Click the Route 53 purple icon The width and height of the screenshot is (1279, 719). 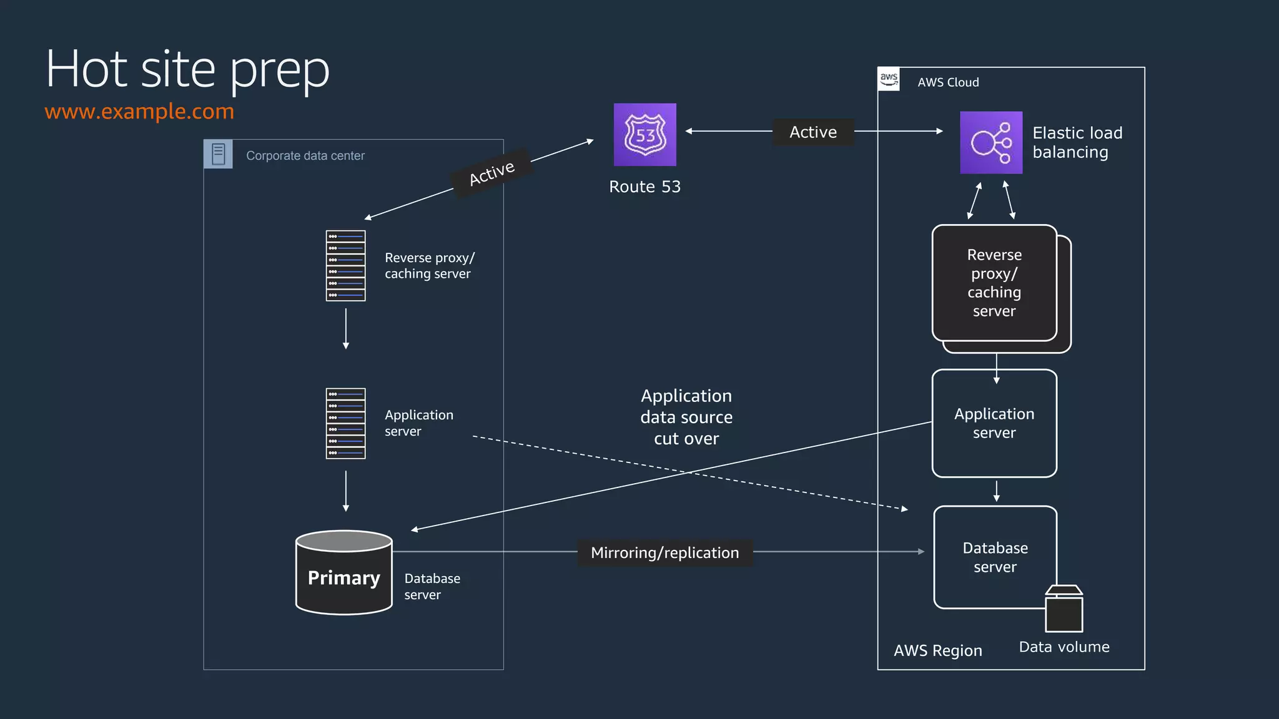tap(644, 135)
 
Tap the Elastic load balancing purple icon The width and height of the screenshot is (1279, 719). tap(990, 142)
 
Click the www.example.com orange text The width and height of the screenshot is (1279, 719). tap(139, 111)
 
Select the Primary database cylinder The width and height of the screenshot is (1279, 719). tap(343, 573)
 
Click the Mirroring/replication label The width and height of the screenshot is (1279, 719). tap(664, 553)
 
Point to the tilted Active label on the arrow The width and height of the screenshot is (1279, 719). tap(492, 173)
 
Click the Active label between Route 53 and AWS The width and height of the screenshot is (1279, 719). tap(812, 132)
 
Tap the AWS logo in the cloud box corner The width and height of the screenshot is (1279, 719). tap(889, 79)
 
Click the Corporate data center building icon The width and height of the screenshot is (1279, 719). tap(218, 154)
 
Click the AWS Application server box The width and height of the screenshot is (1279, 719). tap(994, 423)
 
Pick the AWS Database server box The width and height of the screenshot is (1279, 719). tap(994, 557)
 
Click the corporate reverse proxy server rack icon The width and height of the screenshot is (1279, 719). tap(345, 266)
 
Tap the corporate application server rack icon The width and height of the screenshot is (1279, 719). tap(345, 423)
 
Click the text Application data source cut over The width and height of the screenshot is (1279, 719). tap(686, 417)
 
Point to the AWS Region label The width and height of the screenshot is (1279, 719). tap(937, 650)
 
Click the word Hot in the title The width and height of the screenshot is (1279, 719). tap(87, 69)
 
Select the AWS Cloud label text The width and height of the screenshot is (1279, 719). tap(948, 82)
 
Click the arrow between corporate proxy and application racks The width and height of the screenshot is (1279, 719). tap(345, 328)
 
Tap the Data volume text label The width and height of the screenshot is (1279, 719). tap(1064, 647)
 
